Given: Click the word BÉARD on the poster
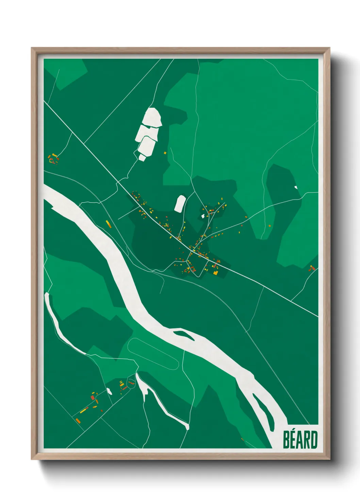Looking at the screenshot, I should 300,440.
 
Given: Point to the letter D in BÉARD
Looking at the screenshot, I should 314,440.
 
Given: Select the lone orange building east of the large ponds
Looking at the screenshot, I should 165,153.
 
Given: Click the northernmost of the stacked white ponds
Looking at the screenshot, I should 152,117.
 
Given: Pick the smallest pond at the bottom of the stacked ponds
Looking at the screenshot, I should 142,157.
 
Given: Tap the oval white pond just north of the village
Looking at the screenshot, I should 180,203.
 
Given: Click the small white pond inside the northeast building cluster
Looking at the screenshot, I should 203,216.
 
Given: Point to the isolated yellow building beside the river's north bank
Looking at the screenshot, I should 109,224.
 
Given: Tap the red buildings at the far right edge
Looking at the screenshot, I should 312,268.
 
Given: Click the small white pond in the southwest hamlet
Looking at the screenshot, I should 110,391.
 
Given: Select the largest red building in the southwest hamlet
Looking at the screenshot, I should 93,397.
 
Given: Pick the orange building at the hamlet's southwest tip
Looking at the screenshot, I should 78,421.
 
